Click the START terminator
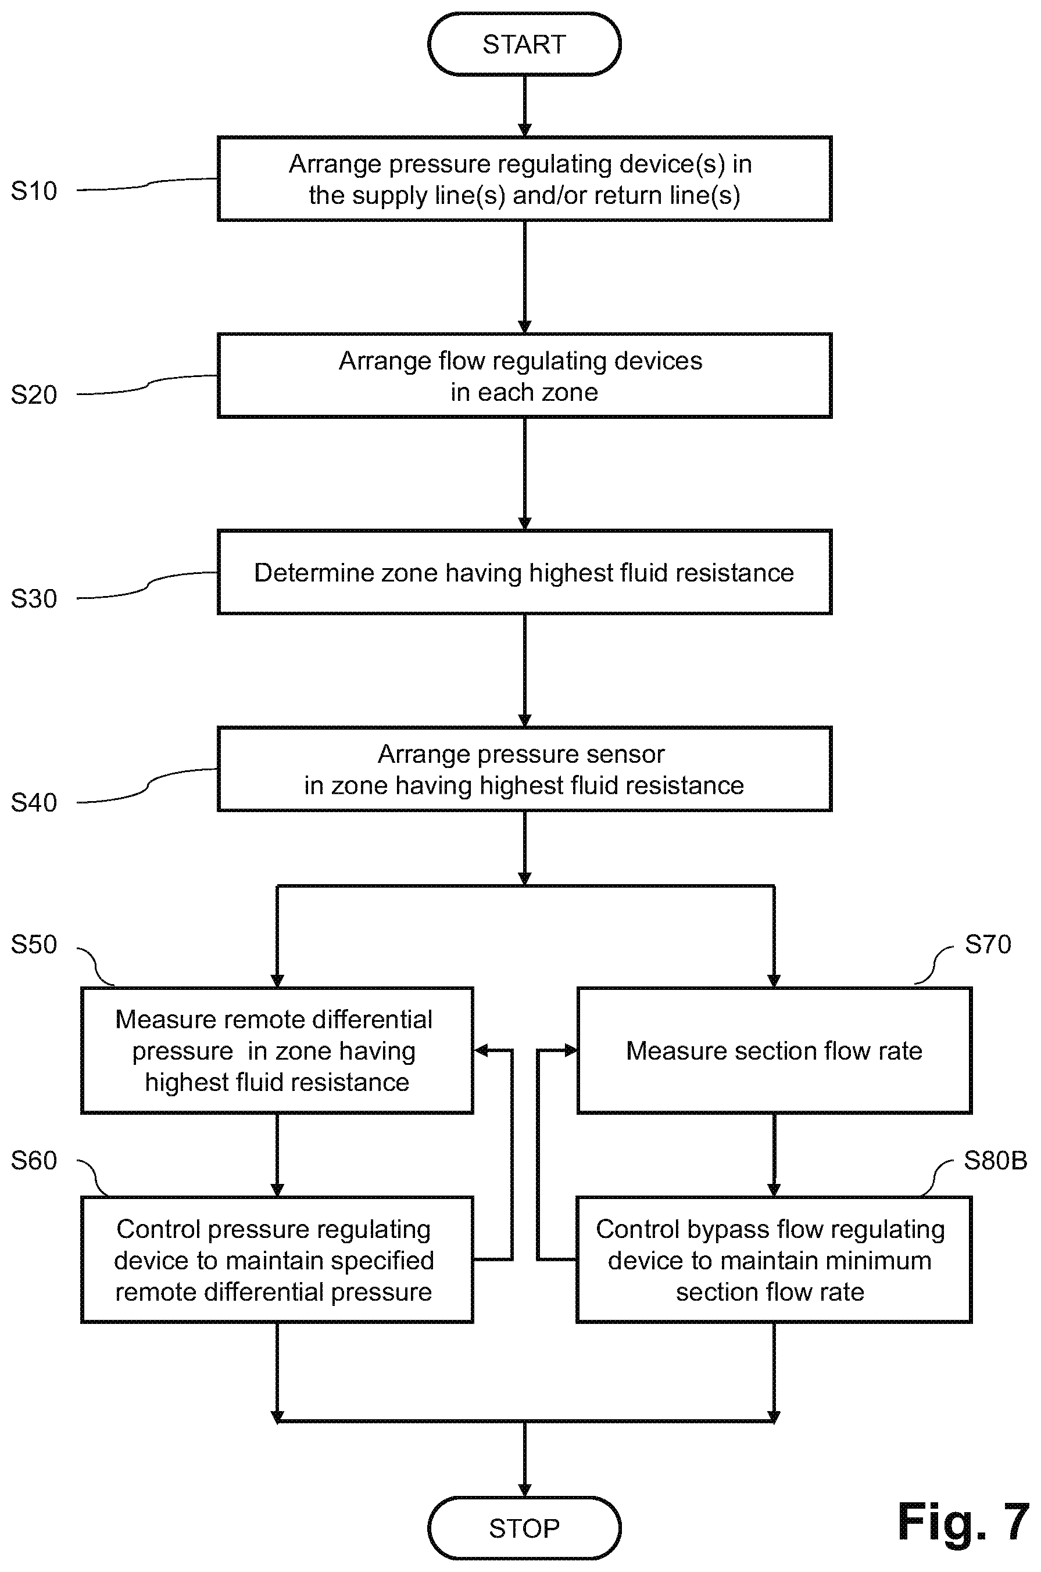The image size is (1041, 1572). point(524,44)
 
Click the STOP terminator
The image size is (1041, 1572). point(524,1527)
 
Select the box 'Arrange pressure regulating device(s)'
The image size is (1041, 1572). point(524,178)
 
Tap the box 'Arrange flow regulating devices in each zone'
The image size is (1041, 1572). point(524,376)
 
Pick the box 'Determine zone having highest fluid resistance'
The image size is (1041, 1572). point(524,572)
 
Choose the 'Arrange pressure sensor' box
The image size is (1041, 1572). point(524,769)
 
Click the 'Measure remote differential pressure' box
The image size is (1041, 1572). point(277,1050)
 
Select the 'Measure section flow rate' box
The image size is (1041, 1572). point(774,1050)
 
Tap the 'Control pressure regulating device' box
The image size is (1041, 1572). point(277,1260)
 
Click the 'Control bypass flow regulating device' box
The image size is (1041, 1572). point(774,1260)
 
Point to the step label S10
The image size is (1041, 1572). point(34,191)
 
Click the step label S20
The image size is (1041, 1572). point(34,395)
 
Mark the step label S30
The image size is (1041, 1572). point(34,598)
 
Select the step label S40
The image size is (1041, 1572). point(34,802)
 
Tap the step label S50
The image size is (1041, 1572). point(34,944)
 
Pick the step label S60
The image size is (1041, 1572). point(34,1161)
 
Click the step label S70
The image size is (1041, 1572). point(988,944)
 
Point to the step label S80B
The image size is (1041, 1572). point(995,1161)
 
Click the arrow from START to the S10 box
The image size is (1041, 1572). point(524,106)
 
